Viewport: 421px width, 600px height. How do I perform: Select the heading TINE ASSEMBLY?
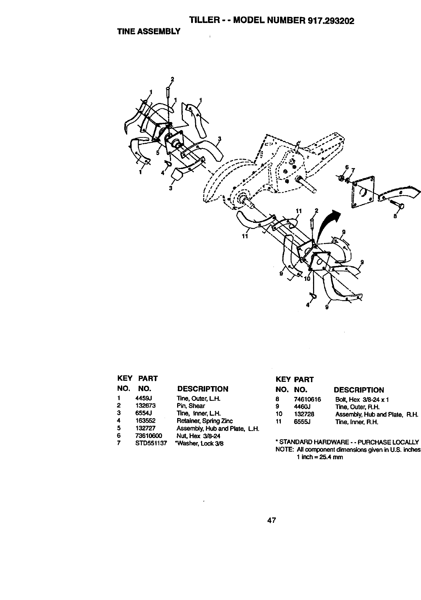148,32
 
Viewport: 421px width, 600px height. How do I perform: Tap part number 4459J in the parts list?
143,398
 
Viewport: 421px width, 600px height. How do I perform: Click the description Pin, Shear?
191,406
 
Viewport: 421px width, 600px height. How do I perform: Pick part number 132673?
145,406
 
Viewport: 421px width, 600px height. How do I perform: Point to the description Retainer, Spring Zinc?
204,421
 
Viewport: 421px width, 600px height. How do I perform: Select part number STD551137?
151,443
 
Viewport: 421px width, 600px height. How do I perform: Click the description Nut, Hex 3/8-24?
198,436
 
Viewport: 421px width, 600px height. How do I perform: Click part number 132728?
304,414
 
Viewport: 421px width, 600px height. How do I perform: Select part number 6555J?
302,422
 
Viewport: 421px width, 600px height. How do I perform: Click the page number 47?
271,520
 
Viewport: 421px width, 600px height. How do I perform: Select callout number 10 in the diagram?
307,278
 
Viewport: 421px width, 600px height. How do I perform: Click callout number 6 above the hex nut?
347,168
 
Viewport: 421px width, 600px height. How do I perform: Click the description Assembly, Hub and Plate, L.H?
218,428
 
